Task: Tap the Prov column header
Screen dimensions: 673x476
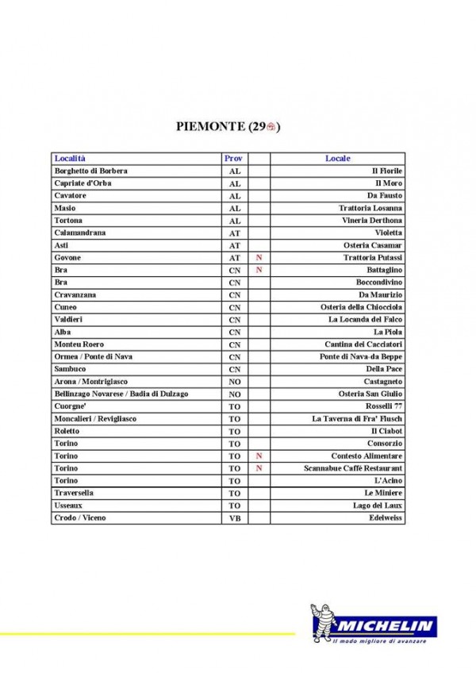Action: pos(234,159)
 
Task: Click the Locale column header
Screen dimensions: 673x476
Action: pos(338,159)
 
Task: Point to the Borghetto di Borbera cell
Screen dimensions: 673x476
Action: pos(90,171)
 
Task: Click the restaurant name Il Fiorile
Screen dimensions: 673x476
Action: pos(387,171)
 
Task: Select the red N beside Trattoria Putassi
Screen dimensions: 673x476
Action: pos(259,258)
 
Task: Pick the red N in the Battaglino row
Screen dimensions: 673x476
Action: pos(259,270)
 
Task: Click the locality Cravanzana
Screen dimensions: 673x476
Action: pos(75,294)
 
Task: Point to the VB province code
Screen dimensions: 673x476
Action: pos(234,518)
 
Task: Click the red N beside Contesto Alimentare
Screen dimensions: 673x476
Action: pos(259,456)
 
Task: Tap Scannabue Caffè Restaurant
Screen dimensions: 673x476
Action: pos(353,468)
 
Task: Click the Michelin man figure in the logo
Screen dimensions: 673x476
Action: pos(325,621)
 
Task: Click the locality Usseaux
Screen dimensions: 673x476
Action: pos(68,506)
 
